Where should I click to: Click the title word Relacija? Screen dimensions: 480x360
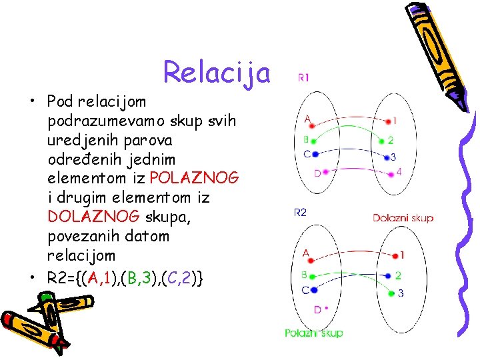point(217,72)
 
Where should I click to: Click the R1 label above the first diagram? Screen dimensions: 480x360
point(303,77)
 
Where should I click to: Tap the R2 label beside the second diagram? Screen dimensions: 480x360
point(300,212)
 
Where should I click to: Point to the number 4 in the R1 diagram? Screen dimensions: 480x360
point(399,172)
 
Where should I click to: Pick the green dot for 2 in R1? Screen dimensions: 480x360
point(381,141)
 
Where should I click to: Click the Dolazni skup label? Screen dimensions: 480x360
point(403,218)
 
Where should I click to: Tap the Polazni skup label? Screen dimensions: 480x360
point(313,333)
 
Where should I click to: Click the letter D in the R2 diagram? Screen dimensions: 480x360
point(317,309)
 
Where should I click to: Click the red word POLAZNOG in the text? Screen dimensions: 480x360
point(195,179)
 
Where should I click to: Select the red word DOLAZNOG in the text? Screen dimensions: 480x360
point(93,217)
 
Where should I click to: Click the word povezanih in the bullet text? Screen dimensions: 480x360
point(82,236)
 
